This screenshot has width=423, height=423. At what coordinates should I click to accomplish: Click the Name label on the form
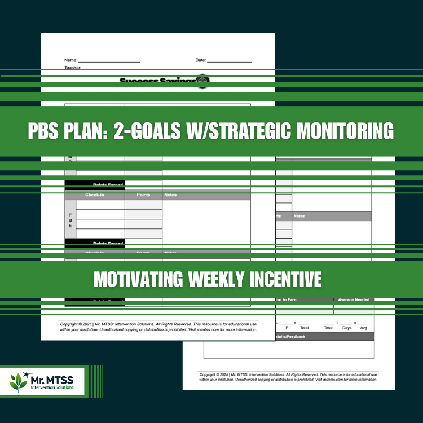(x=70, y=60)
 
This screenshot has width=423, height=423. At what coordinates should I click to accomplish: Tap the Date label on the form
(x=201, y=60)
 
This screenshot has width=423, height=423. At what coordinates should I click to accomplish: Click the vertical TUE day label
(x=70, y=219)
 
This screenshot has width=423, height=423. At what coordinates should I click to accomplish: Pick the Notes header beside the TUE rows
(x=170, y=195)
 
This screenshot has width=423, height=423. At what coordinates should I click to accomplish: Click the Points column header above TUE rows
(x=143, y=195)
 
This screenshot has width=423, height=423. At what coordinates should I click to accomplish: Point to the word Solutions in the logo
(x=69, y=388)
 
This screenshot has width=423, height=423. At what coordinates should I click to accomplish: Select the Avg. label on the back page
(x=364, y=327)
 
